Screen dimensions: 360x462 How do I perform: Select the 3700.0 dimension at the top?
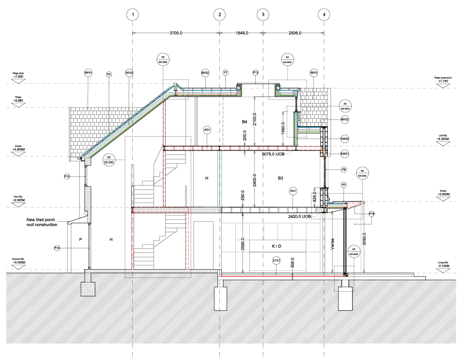[x=175, y=33]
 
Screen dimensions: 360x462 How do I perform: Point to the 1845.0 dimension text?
[x=241, y=33]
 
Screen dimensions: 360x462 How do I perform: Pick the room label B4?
[x=245, y=122]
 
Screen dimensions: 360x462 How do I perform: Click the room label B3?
[x=280, y=178]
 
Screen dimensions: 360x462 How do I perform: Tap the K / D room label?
[x=276, y=247]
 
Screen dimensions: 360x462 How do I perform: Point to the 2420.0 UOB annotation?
[x=298, y=216]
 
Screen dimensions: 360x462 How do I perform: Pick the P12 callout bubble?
[x=256, y=72]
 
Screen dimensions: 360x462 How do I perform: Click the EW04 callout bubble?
[x=345, y=139]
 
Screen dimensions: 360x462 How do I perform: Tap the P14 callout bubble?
[x=57, y=248]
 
